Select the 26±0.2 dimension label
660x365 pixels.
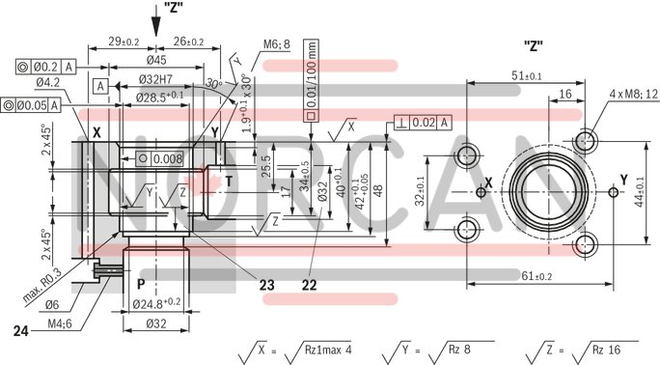coord(188,42)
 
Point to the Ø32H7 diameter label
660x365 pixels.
coord(154,78)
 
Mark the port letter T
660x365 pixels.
coord(229,181)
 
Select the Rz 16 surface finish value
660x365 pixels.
coord(604,349)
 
